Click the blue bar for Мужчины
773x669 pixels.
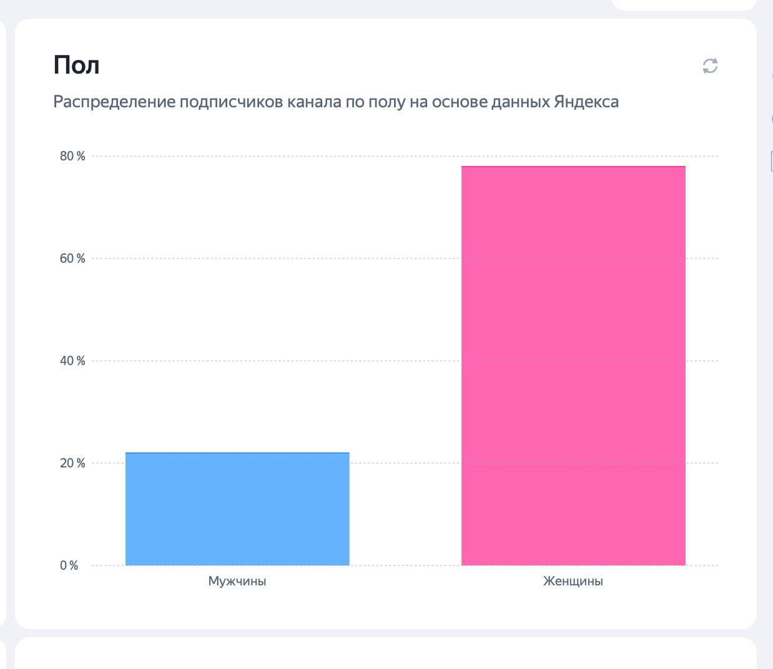(x=237, y=509)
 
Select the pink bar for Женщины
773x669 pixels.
(x=573, y=366)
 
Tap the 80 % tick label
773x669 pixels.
(x=72, y=156)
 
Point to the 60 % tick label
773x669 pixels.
(x=72, y=258)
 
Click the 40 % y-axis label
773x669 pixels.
(x=72, y=361)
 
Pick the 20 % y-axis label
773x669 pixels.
(x=72, y=463)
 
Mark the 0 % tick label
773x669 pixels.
(x=69, y=565)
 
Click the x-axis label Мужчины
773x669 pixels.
(x=237, y=581)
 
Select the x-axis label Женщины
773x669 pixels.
(x=573, y=581)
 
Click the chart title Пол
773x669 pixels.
(x=76, y=65)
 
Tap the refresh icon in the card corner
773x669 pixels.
(x=710, y=66)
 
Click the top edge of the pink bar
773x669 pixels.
(x=573, y=167)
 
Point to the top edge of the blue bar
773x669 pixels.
(x=237, y=453)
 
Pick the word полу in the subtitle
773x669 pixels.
(x=386, y=102)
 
